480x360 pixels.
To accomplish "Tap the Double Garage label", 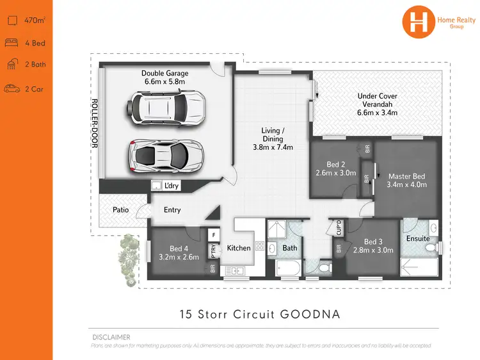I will (165, 78).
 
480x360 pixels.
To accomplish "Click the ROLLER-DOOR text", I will (93, 124).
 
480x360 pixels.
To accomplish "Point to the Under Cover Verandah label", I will (377, 104).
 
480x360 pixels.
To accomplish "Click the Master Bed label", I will (406, 180).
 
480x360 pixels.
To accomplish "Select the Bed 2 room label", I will (336, 168).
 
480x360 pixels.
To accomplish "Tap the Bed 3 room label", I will (374, 246).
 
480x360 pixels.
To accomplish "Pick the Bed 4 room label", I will (179, 253).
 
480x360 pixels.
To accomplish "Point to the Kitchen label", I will (239, 248).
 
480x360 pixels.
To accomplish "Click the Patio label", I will (120, 209).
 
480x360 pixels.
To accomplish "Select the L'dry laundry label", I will (171, 186).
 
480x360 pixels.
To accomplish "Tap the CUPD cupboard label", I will (339, 227).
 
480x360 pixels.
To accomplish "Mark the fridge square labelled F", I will (212, 234).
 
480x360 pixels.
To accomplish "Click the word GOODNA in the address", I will (310, 315).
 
